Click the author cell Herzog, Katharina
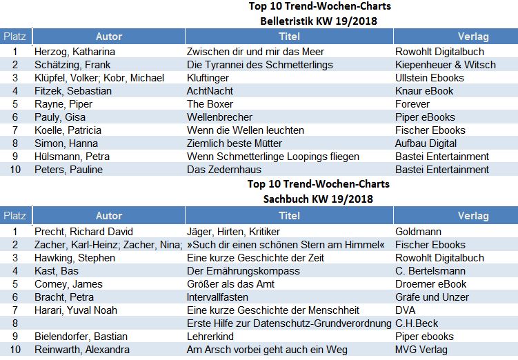pos(74,51)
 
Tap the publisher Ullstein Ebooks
pos(429,77)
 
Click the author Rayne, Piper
pos(63,103)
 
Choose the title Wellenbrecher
pos(219,117)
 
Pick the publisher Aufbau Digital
pos(426,143)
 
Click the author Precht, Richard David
pos(83,231)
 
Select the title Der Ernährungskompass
pos(243,270)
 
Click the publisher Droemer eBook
pos(430,283)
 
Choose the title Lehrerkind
pos(210,336)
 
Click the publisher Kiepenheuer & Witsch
pos(446,64)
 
